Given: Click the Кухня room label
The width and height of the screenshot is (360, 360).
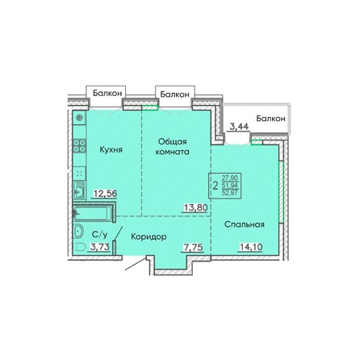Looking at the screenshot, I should [111, 149].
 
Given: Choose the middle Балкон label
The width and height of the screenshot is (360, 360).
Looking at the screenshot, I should [175, 94].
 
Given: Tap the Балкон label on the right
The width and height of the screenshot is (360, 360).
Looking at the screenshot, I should [270, 119].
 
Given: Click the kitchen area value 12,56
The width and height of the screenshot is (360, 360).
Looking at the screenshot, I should [107, 194].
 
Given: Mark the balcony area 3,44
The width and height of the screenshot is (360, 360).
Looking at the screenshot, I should [239, 126].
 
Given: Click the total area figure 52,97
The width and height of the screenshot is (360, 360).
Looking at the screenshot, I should [228, 191].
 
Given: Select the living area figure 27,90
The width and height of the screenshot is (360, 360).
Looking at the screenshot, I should [228, 178].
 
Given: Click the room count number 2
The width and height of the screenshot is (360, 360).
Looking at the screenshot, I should [214, 185].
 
